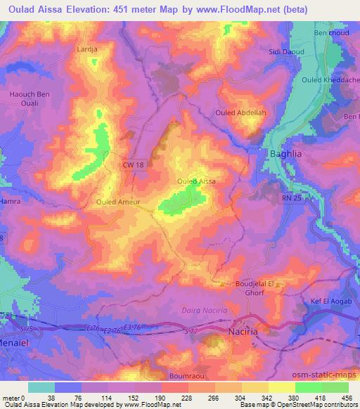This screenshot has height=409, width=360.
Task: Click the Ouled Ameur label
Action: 118,202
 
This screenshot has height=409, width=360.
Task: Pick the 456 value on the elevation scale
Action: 345,397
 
